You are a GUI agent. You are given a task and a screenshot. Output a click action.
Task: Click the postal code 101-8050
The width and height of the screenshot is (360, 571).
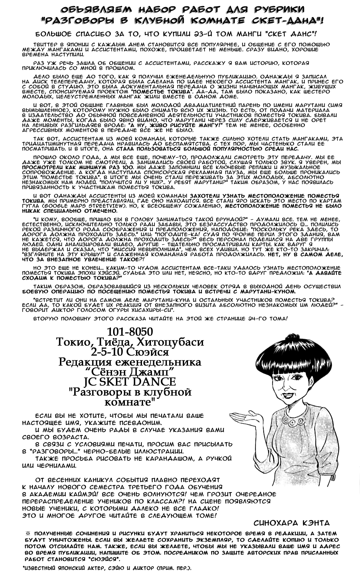tap(130, 332)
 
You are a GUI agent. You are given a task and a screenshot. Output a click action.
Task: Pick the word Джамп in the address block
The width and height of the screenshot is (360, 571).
tap(154, 372)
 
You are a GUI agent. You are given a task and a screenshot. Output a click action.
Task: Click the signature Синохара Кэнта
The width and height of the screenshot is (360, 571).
tap(291, 523)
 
